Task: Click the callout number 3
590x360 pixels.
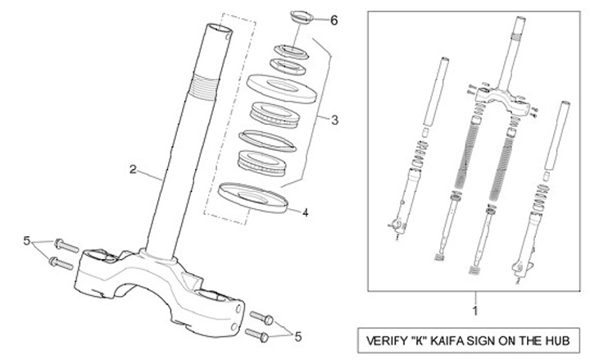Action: coord(334,121)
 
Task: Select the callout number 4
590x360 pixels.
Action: coord(305,212)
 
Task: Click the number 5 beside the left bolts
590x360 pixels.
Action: coord(26,241)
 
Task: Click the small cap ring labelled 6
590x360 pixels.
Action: coord(302,16)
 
